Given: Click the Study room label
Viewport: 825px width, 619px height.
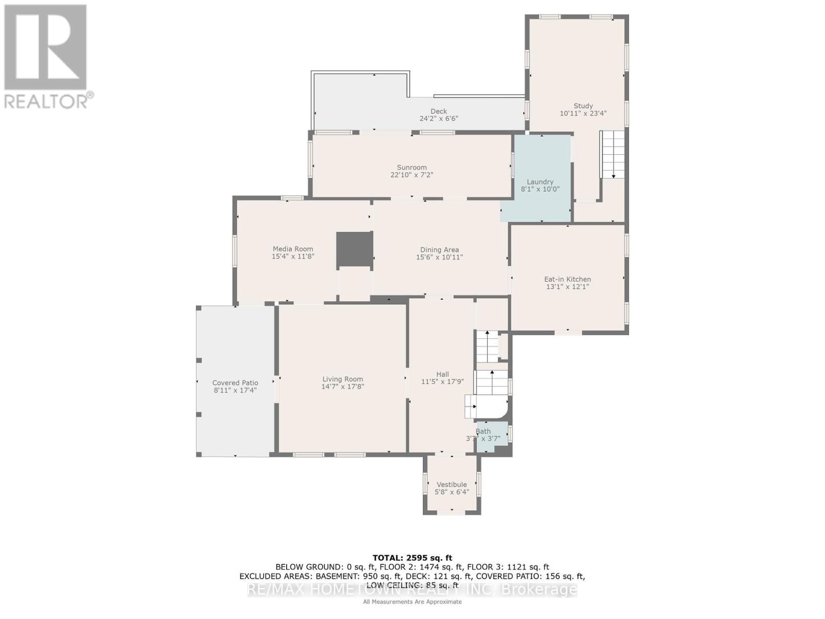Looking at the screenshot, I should point(583,106).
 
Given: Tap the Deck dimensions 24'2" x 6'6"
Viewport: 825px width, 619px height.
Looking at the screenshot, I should point(439,119).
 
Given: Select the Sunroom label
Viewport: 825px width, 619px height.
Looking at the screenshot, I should point(411,167).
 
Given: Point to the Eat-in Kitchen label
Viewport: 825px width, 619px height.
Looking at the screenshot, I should point(567,279).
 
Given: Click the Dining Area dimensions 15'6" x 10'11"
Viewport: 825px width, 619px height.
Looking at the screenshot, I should point(439,257).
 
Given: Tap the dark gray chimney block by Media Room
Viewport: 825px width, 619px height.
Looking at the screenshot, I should point(355,250).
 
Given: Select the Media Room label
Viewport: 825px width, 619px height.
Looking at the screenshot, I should point(293,249).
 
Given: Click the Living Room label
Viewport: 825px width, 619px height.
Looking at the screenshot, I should point(343,379).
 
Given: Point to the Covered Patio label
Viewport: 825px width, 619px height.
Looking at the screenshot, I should point(235,383).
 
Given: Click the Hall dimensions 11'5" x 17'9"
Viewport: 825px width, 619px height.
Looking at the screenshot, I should point(442,382).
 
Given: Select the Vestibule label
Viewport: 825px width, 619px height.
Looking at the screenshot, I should point(452,484).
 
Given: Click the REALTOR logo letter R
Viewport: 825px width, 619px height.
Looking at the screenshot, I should point(45,47).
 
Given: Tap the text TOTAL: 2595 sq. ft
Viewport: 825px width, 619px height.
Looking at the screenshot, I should point(412,558).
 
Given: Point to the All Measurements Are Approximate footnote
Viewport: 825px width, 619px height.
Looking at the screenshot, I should point(412,601).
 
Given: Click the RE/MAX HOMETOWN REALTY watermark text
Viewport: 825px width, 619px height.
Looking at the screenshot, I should point(412,590).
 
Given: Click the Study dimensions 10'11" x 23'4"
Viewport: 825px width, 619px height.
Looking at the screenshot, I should point(583,113).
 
